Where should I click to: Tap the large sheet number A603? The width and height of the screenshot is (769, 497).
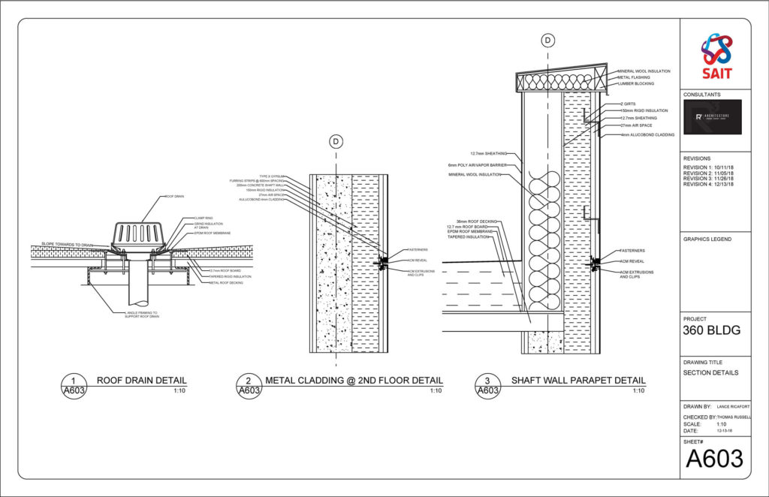click(x=714, y=458)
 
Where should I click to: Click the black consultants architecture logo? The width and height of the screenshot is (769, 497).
click(x=712, y=117)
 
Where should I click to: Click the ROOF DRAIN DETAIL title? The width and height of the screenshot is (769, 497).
click(x=142, y=381)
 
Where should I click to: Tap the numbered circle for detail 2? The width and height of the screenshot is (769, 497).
click(x=248, y=385)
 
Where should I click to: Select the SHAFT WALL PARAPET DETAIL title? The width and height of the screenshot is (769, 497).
click(x=578, y=381)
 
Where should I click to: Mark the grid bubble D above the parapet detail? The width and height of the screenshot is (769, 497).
click(x=548, y=40)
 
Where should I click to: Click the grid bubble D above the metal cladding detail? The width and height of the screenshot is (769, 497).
click(x=336, y=141)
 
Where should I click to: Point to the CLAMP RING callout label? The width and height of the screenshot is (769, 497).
click(x=193, y=218)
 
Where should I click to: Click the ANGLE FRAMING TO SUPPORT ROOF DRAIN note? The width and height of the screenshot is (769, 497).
click(x=143, y=315)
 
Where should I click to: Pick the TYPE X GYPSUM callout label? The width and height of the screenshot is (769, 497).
click(x=274, y=176)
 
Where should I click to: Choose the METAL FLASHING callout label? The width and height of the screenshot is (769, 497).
click(x=634, y=77)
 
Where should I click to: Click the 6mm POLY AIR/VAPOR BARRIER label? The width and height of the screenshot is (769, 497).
click(x=475, y=164)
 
